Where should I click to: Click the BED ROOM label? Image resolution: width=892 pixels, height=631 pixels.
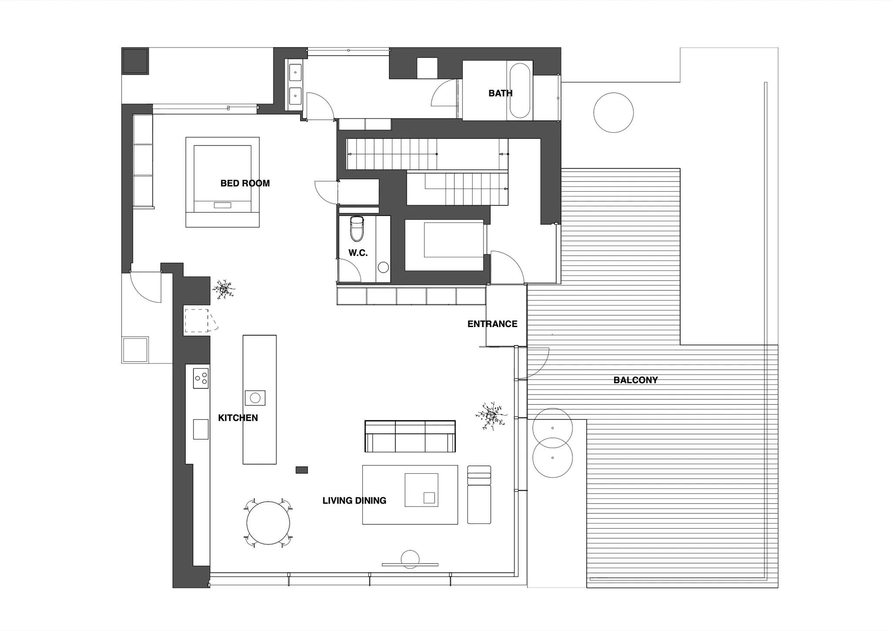(245, 183)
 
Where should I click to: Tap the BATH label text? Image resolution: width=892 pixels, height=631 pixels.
(500, 93)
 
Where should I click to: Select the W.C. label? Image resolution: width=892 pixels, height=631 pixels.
(358, 253)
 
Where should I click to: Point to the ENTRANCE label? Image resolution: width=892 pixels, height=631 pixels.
(492, 324)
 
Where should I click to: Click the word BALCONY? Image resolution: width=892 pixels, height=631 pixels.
(635, 380)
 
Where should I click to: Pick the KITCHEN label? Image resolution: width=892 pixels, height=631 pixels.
(238, 418)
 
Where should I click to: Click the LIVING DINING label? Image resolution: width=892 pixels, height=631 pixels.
(354, 501)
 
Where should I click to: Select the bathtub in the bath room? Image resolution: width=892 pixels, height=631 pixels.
(520, 91)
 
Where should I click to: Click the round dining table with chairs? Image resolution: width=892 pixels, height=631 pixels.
(268, 523)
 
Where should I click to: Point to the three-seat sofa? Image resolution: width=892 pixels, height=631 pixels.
(410, 436)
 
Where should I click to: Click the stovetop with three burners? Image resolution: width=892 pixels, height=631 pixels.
(201, 378)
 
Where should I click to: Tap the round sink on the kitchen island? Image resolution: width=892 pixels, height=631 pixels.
(255, 398)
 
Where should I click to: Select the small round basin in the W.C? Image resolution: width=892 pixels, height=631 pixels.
(383, 267)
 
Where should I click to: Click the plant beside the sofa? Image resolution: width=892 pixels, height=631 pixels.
(491, 416)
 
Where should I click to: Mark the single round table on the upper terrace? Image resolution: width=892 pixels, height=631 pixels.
(613, 112)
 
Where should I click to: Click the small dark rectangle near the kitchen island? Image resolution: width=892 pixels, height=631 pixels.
(302, 470)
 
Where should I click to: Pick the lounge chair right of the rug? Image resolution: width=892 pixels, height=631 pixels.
(479, 495)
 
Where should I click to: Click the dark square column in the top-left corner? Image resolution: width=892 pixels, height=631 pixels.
(135, 61)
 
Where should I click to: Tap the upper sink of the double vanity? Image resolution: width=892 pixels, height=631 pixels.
(295, 72)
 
